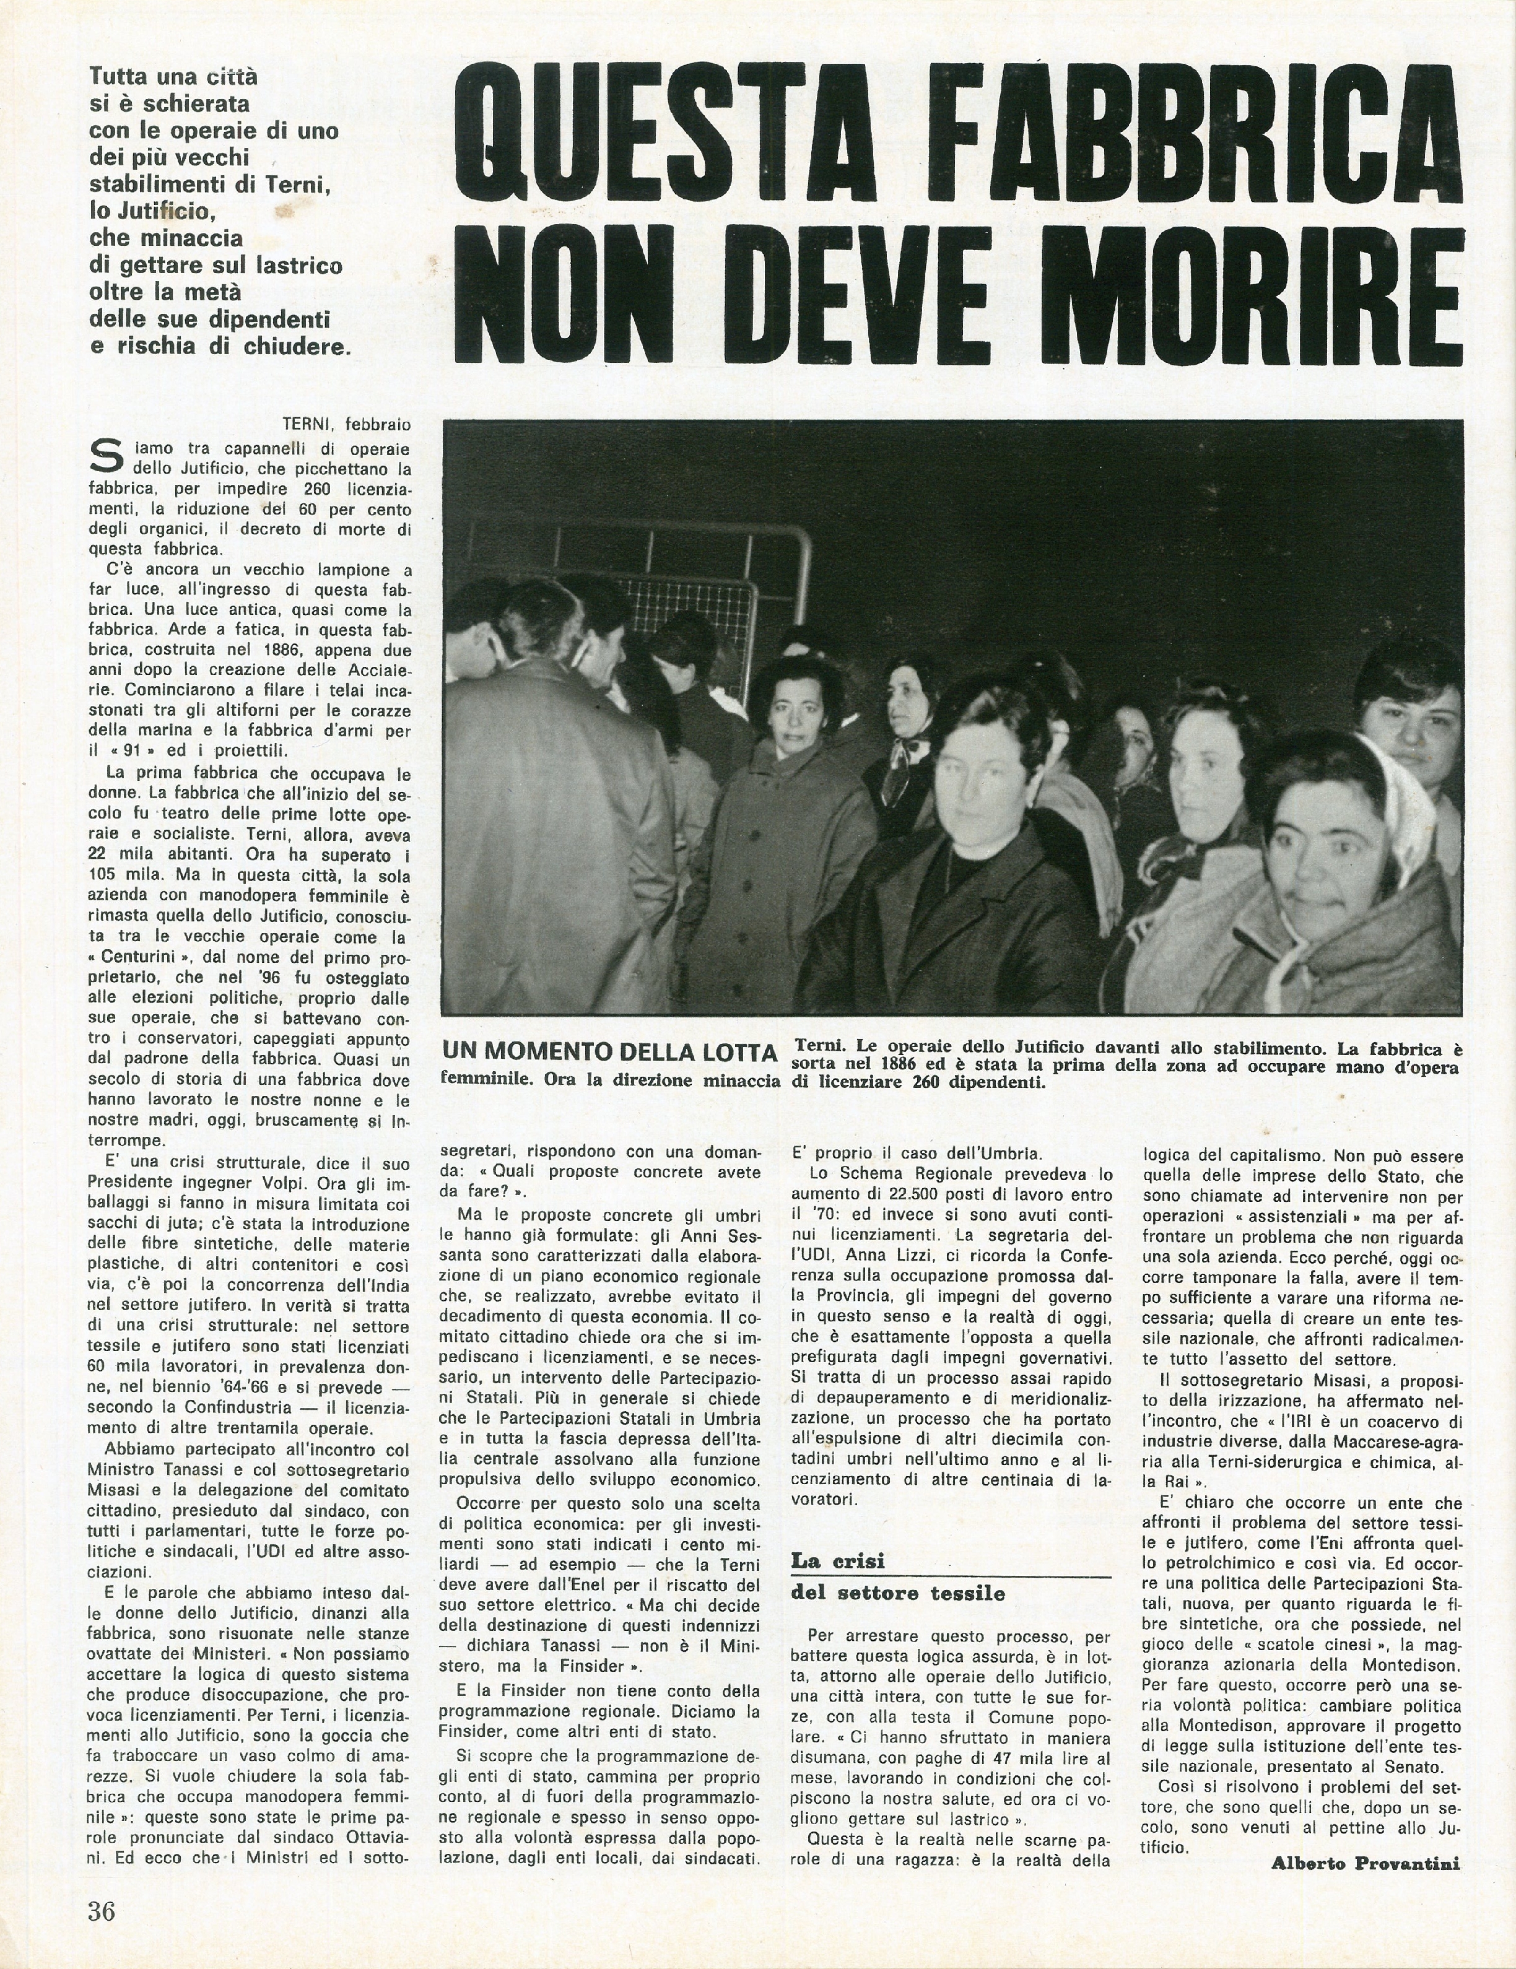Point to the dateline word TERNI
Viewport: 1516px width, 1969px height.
[310, 423]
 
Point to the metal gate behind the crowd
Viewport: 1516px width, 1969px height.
[686, 577]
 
